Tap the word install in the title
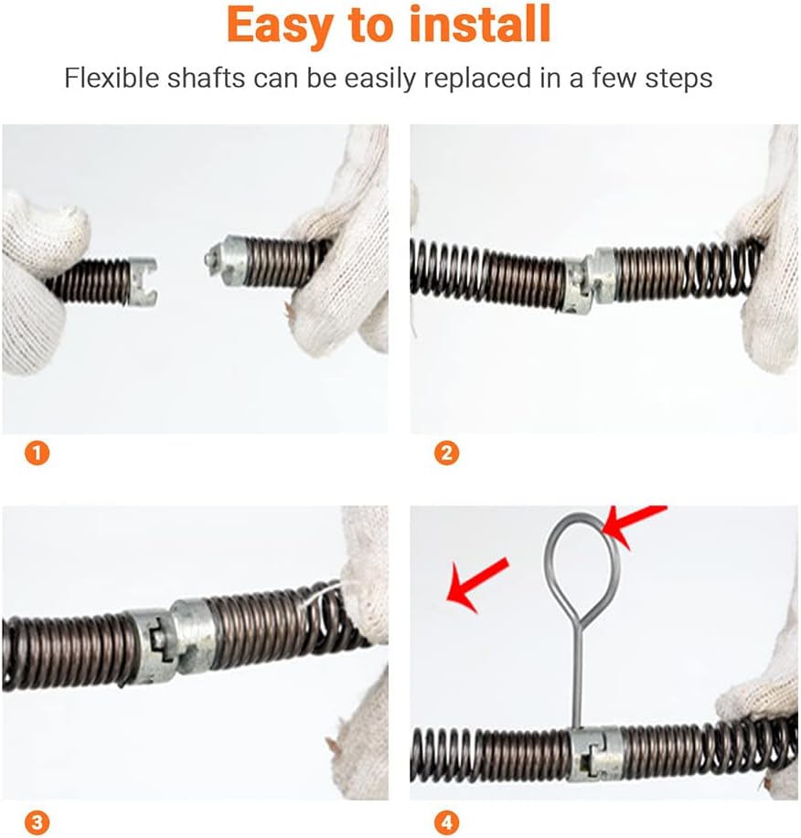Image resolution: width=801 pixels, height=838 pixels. (x=480, y=24)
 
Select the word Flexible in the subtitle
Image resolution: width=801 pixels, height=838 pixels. (x=112, y=78)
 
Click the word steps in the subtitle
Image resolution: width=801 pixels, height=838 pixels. (x=678, y=80)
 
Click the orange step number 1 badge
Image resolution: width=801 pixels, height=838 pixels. (x=37, y=453)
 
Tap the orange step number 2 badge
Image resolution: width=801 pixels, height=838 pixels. (x=446, y=453)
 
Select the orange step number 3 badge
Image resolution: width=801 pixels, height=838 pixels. (x=37, y=822)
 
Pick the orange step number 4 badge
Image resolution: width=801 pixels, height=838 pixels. (x=446, y=822)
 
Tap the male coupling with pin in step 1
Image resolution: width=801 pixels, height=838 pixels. (x=227, y=262)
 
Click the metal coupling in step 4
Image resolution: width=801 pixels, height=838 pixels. (x=594, y=754)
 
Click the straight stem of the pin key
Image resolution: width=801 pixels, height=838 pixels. (x=577, y=680)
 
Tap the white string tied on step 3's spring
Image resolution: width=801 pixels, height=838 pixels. (x=324, y=596)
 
